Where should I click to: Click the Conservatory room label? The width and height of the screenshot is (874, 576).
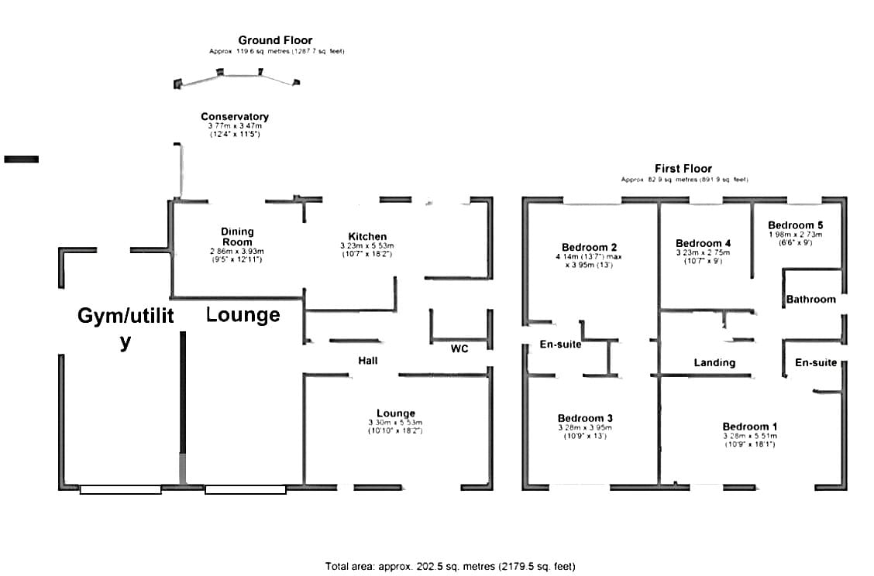click(x=234, y=117)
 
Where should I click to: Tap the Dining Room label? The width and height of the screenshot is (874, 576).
click(x=237, y=236)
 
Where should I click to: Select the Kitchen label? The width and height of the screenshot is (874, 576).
click(x=367, y=236)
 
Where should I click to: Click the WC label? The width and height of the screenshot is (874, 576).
click(x=459, y=348)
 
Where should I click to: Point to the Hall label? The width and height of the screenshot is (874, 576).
click(x=367, y=361)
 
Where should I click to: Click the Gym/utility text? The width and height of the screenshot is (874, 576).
click(x=126, y=327)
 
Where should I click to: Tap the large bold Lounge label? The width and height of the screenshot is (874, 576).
click(x=243, y=315)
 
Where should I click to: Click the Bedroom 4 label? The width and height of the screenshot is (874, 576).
click(x=703, y=243)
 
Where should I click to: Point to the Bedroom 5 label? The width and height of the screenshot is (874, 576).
click(x=796, y=225)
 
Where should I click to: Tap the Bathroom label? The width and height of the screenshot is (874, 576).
click(x=810, y=300)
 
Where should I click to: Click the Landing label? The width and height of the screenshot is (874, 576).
click(x=714, y=362)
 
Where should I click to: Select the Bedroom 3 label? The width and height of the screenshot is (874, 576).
click(x=585, y=418)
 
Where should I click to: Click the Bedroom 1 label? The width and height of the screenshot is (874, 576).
click(x=750, y=427)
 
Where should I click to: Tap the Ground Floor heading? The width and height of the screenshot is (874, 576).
click(x=275, y=40)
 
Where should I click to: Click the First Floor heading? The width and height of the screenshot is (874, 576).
click(x=683, y=168)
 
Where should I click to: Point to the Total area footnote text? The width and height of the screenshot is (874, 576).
click(x=450, y=566)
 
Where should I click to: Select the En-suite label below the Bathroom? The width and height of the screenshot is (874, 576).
click(x=816, y=362)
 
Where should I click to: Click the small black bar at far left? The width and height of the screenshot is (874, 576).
click(x=21, y=159)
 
